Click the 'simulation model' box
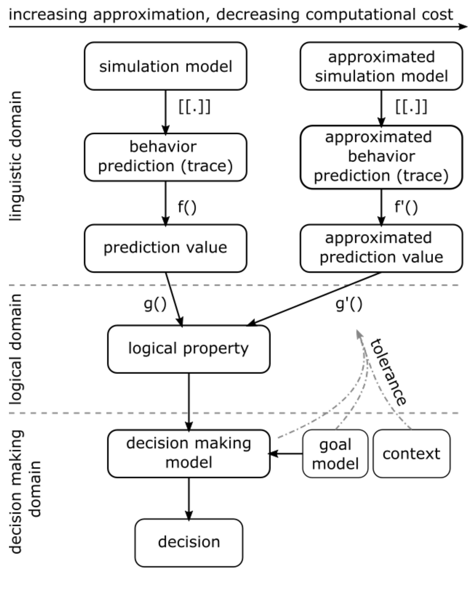[165, 66]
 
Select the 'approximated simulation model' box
[381, 66]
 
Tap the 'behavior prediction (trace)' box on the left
[165, 157]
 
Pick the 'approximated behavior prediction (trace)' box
[381, 157]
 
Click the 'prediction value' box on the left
[165, 248]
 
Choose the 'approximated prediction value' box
[381, 248]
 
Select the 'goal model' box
[335, 454]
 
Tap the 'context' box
[411, 454]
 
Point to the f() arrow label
[187, 207]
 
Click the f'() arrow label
[406, 207]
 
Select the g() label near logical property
[155, 304]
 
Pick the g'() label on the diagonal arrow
[348, 304]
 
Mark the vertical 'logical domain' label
[16, 349]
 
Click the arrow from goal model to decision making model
[286, 454]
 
